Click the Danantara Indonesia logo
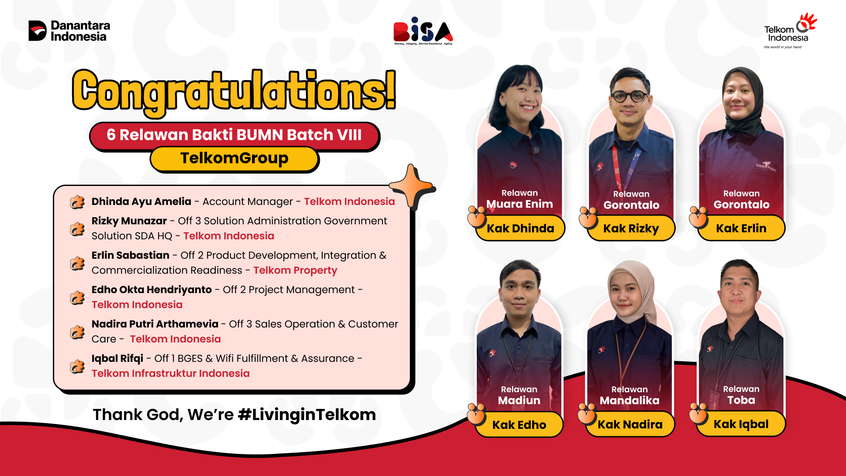coord(69,31)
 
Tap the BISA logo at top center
coord(423,31)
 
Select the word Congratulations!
coord(234,91)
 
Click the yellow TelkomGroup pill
coord(234,158)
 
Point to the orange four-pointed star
coord(412,186)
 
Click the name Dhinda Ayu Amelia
coord(141,201)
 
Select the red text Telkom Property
coord(295,270)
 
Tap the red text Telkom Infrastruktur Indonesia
coord(171,373)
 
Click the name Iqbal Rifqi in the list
coord(117,358)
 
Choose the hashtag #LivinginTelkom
coord(307,415)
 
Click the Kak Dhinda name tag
coord(520,228)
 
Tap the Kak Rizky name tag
coord(631,228)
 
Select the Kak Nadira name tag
coord(630,424)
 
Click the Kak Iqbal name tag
coord(741,424)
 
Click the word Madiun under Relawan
coord(519,400)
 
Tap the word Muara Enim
coord(519,204)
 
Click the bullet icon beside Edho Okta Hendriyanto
coord(77,297)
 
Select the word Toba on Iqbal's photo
coord(741,400)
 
